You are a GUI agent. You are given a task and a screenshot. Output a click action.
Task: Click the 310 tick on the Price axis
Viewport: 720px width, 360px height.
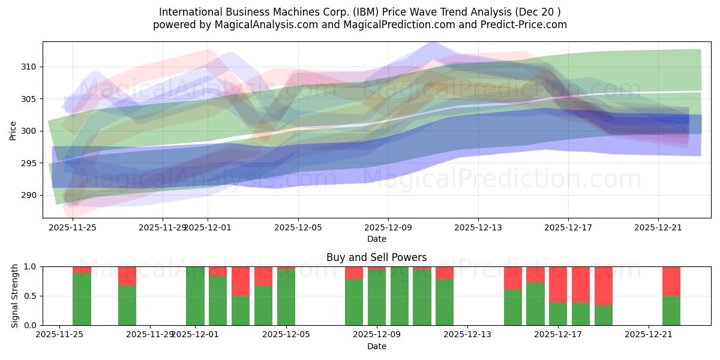[x=31, y=67]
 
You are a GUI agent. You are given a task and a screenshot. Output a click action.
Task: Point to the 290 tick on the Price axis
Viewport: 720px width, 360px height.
[x=31, y=196]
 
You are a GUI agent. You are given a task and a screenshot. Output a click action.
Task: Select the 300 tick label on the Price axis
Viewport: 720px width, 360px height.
[x=31, y=131]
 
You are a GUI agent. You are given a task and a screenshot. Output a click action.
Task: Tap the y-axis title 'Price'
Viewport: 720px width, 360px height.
[x=13, y=131]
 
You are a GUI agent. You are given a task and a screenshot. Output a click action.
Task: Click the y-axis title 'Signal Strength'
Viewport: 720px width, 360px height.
[x=15, y=296]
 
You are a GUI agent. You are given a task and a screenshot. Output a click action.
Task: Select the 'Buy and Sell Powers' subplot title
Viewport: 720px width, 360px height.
[x=377, y=257]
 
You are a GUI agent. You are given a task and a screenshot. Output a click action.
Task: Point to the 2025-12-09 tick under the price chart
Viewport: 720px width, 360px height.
[x=388, y=227]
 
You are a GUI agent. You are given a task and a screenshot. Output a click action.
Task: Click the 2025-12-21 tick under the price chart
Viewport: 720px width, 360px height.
[x=658, y=227]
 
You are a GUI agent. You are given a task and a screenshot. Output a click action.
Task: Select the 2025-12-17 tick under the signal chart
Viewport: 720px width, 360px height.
[x=558, y=334]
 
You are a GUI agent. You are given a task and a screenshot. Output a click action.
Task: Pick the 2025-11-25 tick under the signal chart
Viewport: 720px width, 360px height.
[x=59, y=334]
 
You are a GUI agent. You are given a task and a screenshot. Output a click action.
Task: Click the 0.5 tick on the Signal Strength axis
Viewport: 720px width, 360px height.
[x=31, y=296]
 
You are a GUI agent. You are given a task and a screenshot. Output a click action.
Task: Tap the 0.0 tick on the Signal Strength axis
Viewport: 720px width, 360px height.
[x=31, y=325]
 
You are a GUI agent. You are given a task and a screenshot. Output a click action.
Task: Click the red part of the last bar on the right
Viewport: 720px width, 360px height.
[x=671, y=281]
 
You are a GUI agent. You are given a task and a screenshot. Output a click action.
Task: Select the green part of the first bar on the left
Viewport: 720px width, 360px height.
[x=82, y=299]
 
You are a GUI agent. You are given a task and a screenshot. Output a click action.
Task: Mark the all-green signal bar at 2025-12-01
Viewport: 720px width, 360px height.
[x=195, y=296]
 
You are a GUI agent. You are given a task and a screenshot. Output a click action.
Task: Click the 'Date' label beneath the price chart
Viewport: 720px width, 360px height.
[x=377, y=239]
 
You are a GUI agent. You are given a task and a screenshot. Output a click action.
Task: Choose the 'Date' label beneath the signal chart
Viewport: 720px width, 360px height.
[x=377, y=346]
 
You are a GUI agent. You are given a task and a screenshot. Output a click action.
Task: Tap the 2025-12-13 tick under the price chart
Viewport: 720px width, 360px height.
[x=478, y=227]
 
